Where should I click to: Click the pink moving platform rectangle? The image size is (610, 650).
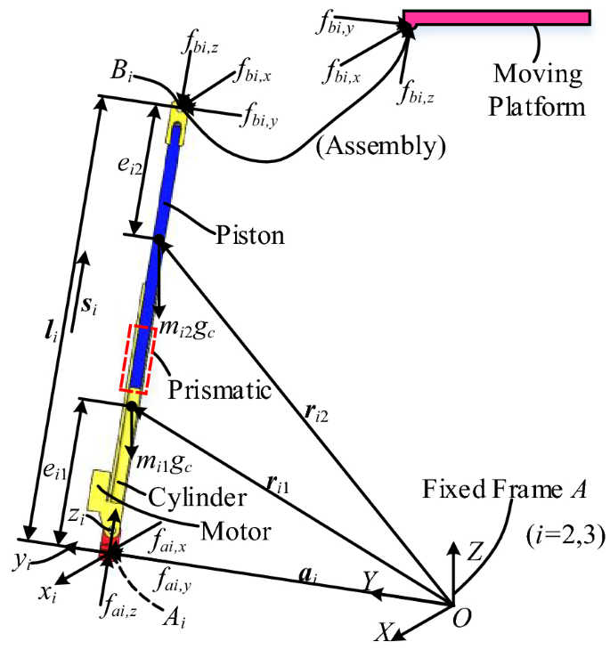[496, 18]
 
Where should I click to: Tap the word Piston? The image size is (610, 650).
[250, 237]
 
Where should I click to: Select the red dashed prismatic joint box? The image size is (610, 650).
[139, 357]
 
